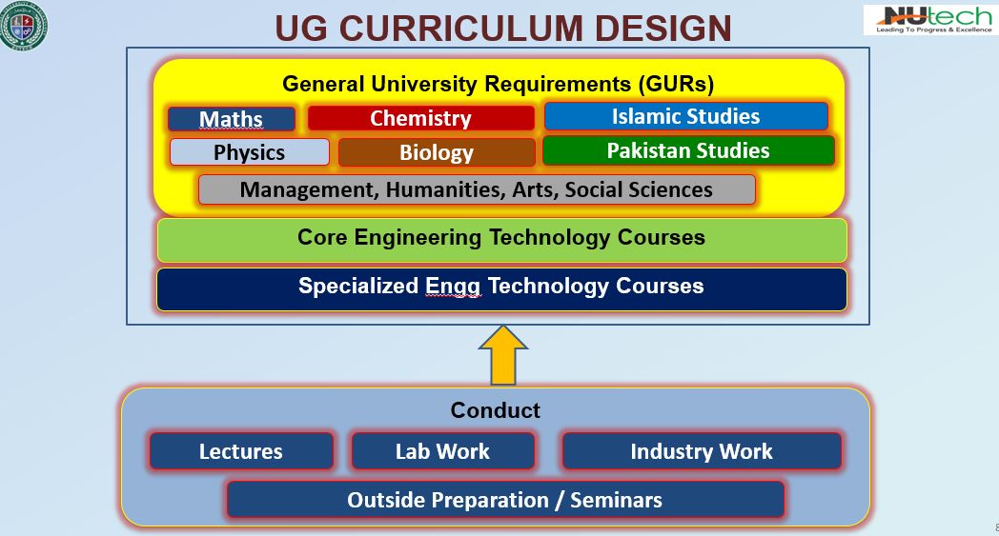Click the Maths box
coord(232,119)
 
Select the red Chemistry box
coord(420,118)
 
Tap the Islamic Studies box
coord(685,116)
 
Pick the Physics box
coord(249,152)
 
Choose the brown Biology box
coord(437,152)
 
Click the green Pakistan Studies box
coord(688,150)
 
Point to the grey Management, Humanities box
coord(477,189)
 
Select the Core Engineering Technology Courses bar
coord(502,239)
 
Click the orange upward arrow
coord(502,355)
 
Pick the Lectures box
coord(241,451)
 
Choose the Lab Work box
coord(443,451)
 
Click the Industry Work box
coord(702,451)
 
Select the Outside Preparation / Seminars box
coord(505,500)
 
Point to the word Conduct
coord(495,410)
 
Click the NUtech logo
coord(930,20)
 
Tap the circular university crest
coord(24,26)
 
